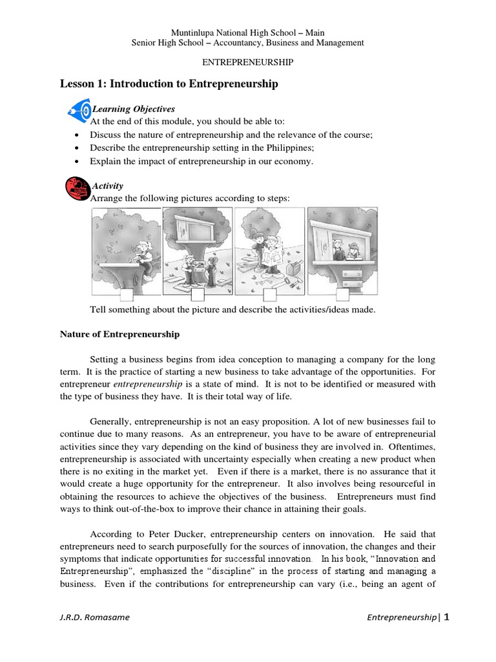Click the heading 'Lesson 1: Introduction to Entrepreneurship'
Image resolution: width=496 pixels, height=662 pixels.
(x=169, y=83)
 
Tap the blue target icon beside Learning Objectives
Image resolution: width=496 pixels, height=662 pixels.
(x=78, y=111)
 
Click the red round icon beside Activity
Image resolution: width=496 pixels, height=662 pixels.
(x=77, y=187)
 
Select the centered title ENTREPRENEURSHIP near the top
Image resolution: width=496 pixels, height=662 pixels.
(x=248, y=63)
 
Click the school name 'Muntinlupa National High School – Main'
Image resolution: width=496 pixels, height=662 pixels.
(x=247, y=32)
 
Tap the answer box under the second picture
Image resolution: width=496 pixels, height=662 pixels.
(x=198, y=295)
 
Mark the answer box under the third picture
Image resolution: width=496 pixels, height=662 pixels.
(x=270, y=295)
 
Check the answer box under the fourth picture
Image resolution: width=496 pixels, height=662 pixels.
(x=342, y=295)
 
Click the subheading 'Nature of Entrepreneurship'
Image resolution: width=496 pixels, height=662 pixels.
(x=119, y=334)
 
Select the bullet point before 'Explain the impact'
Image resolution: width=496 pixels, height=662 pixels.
(x=77, y=162)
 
